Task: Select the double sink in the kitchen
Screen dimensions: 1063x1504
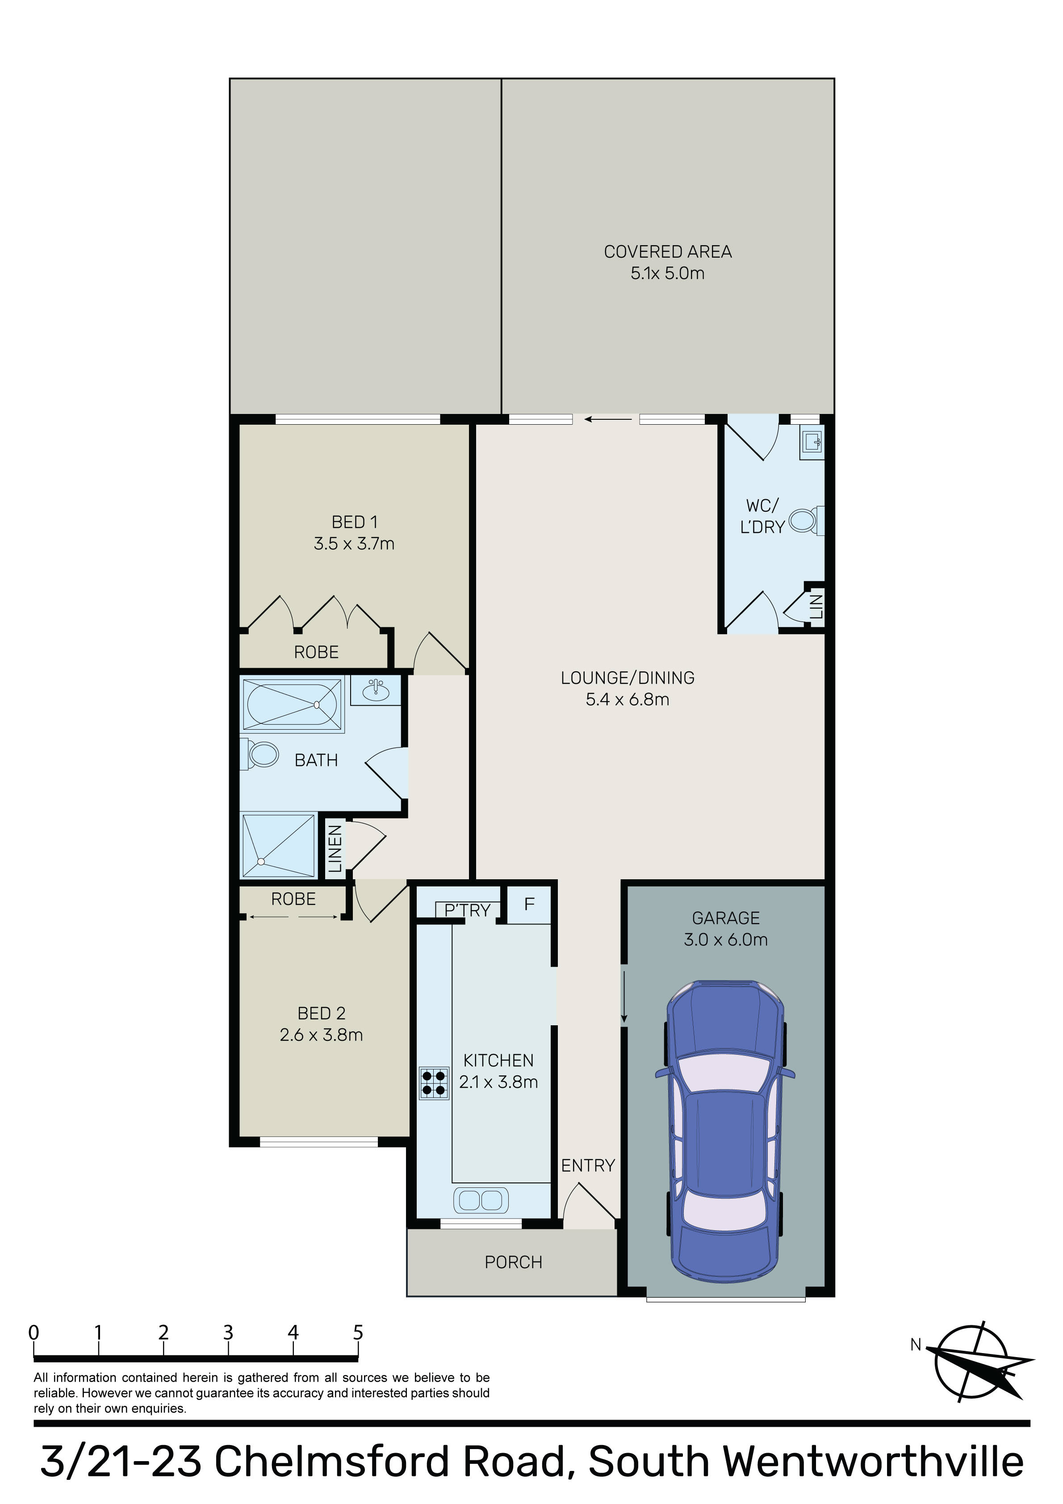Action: (x=481, y=1200)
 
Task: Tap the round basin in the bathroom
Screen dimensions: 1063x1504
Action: (x=376, y=690)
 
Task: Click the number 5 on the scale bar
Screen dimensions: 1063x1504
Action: (x=358, y=1333)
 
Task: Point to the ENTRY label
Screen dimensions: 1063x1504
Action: (x=588, y=1166)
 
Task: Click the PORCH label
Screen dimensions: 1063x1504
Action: (x=513, y=1262)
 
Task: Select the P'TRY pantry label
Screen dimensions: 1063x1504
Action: (x=467, y=911)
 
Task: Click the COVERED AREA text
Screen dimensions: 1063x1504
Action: (x=667, y=251)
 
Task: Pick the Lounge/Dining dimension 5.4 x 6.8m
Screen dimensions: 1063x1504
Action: (x=627, y=700)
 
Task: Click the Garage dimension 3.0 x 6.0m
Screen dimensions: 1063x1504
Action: (x=725, y=940)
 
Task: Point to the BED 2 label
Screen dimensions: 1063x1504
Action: (x=321, y=1013)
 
